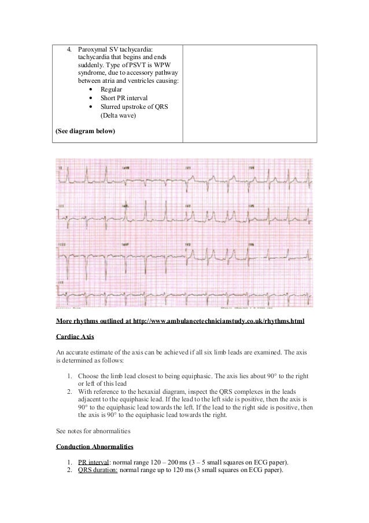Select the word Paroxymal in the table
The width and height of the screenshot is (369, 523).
coord(93,50)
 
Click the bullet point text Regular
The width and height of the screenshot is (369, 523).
coord(112,90)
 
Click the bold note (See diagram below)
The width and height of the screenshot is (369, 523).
coord(85,131)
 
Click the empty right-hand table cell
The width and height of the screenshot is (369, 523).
coord(250,93)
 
